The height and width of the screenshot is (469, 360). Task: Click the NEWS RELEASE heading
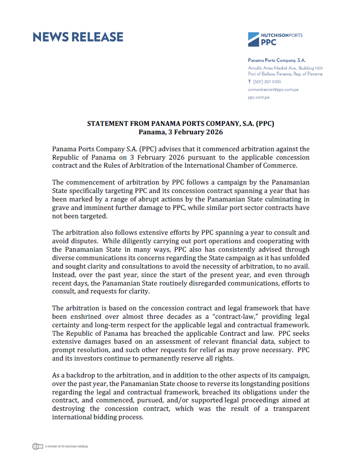[78, 37]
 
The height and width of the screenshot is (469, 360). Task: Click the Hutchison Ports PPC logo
[274, 39]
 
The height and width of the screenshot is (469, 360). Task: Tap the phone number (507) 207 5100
[268, 81]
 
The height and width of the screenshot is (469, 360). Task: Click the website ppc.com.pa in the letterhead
[259, 97]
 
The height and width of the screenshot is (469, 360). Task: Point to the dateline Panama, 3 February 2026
[180, 132]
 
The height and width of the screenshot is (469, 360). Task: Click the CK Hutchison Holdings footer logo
[37, 446]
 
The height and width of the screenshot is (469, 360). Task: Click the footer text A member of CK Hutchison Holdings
[66, 446]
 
